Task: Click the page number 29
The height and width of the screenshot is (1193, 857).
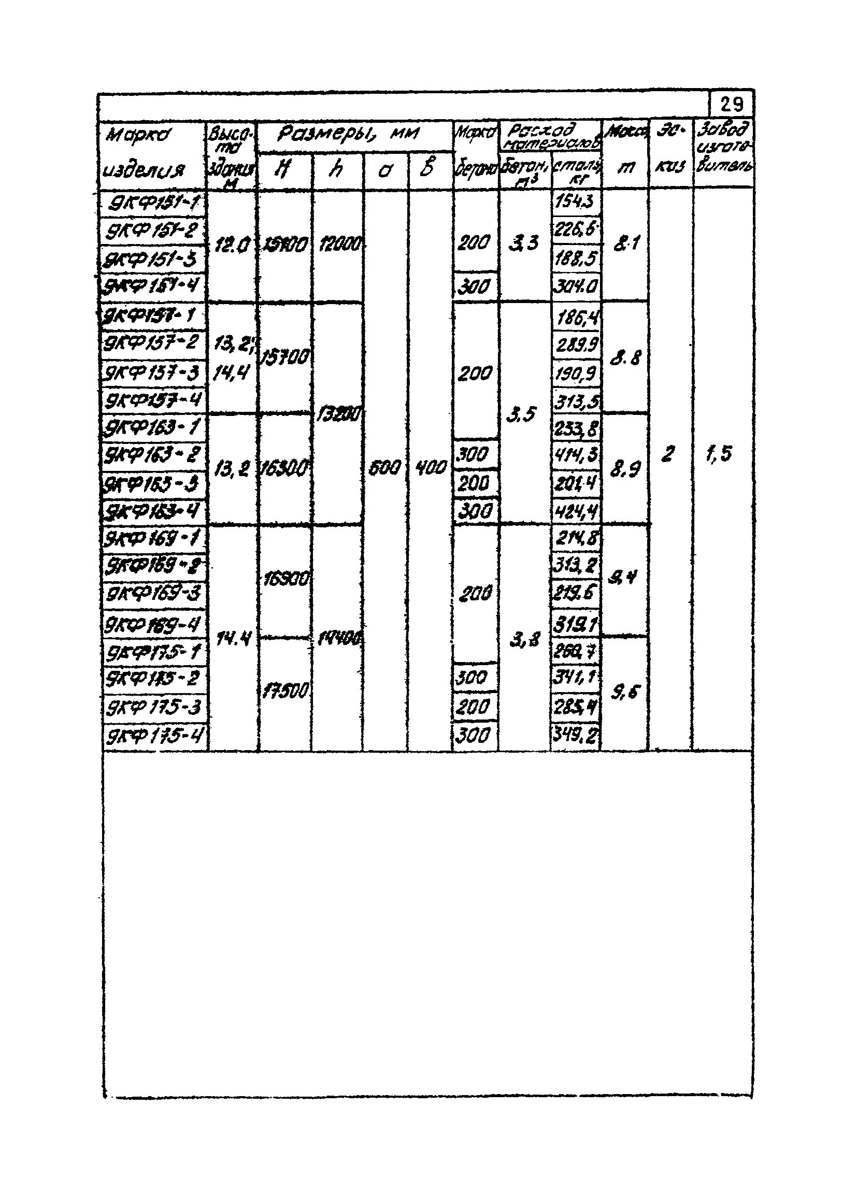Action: pos(731,106)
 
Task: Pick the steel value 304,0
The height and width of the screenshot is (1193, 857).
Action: pos(576,286)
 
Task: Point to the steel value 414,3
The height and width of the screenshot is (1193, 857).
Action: pos(576,454)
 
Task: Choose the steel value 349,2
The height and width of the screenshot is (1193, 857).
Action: pos(576,736)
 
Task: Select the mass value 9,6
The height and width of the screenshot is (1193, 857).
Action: pos(625,693)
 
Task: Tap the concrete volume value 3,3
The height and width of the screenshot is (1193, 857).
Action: pos(524,243)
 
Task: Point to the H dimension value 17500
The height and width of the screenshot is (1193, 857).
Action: pos(284,691)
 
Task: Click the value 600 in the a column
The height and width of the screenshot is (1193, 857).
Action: pos(385,467)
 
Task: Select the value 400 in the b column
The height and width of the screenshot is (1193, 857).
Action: pos(431,467)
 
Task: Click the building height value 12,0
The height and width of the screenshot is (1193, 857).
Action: pos(232,245)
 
